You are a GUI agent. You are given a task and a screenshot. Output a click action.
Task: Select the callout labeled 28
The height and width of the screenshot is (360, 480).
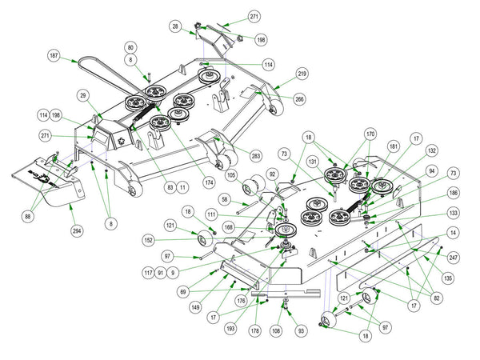(x=174, y=27)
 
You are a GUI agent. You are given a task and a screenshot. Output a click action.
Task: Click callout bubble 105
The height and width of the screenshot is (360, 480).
(x=231, y=174)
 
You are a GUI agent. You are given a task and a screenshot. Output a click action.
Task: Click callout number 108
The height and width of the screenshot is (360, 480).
(x=276, y=328)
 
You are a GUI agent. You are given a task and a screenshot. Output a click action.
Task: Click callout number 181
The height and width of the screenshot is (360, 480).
(x=394, y=146)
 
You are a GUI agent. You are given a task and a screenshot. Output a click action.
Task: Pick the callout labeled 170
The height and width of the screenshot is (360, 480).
(x=370, y=134)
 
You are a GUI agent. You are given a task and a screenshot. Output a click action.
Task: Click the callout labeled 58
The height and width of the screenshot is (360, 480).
(x=226, y=201)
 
